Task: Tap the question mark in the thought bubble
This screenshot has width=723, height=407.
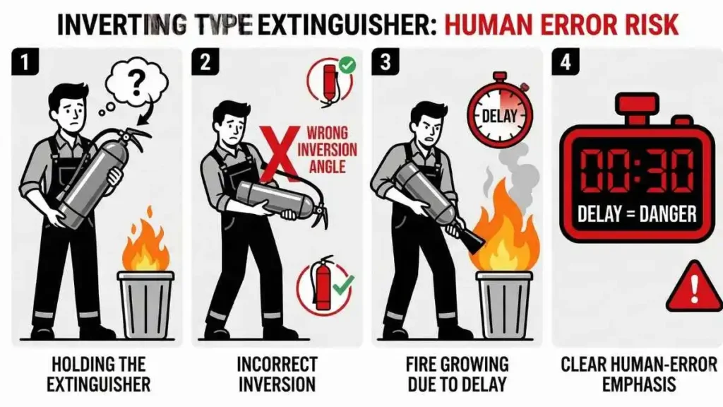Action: tap(138, 81)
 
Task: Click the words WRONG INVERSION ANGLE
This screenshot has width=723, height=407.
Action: tap(327, 150)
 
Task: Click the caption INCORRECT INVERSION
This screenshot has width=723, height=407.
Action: tap(276, 374)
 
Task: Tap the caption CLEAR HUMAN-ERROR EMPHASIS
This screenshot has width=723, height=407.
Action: tap(638, 374)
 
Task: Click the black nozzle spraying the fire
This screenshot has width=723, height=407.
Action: tap(472, 239)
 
